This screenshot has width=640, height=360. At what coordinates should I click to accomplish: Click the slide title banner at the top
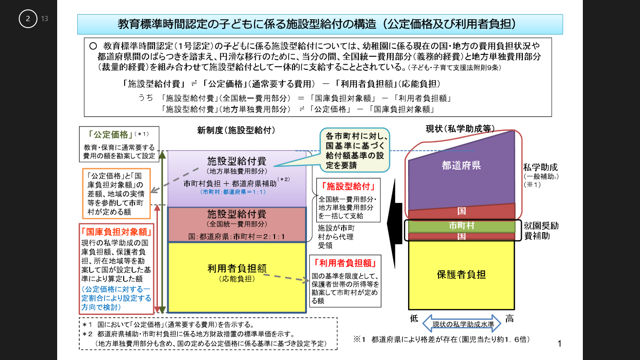point(320,24)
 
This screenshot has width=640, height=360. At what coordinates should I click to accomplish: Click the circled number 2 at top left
point(28,19)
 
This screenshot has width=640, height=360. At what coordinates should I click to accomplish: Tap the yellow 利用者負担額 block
point(237,277)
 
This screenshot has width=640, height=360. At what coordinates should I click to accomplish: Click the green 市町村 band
point(461,226)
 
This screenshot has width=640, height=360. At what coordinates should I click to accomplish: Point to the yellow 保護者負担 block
point(461,274)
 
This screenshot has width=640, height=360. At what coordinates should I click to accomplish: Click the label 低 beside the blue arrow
point(414,319)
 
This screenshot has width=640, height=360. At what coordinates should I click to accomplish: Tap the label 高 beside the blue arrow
point(509,319)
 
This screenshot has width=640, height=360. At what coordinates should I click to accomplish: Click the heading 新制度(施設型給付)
point(236,130)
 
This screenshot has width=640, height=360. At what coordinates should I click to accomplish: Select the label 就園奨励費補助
point(541,230)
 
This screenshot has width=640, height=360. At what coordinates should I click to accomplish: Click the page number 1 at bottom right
point(559,344)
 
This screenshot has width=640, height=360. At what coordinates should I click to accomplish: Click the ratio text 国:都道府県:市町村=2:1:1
point(237,236)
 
